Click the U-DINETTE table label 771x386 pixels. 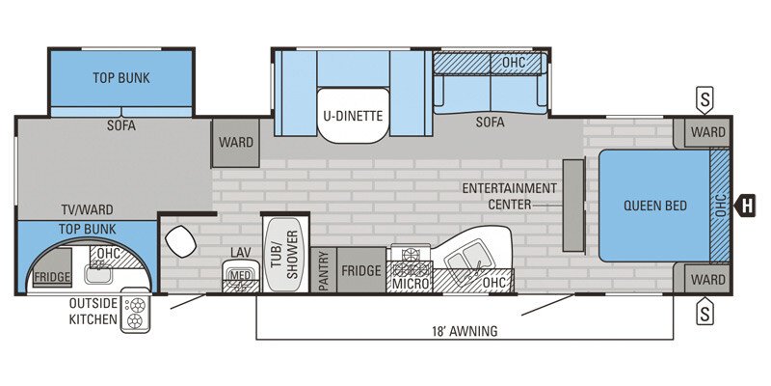[353, 116]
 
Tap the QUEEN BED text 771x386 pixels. [655, 206]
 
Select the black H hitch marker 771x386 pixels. [745, 206]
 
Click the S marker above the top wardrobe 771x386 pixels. [705, 101]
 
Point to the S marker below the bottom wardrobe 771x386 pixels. [705, 311]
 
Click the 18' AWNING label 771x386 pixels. [464, 331]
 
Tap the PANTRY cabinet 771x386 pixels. [324, 270]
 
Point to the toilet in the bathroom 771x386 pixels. [180, 241]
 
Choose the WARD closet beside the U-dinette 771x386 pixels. [235, 142]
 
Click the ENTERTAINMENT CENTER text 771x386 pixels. [510, 196]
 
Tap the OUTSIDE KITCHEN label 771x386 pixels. [93, 311]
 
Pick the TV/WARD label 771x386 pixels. [87, 210]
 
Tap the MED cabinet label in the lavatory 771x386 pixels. [241, 275]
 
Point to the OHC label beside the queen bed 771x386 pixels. [720, 206]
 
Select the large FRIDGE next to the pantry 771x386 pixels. [361, 270]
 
